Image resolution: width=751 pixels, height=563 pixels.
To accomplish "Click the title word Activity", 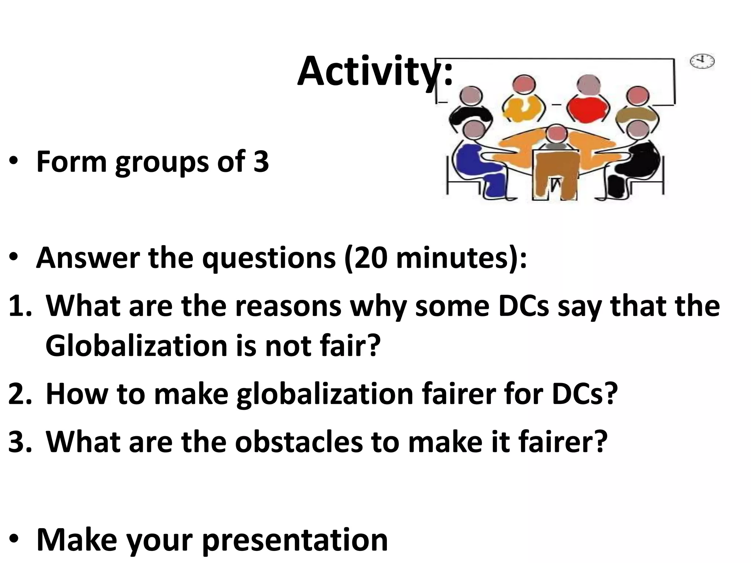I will point(374,71).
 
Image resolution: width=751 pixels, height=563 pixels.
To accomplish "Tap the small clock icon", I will point(702,62).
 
